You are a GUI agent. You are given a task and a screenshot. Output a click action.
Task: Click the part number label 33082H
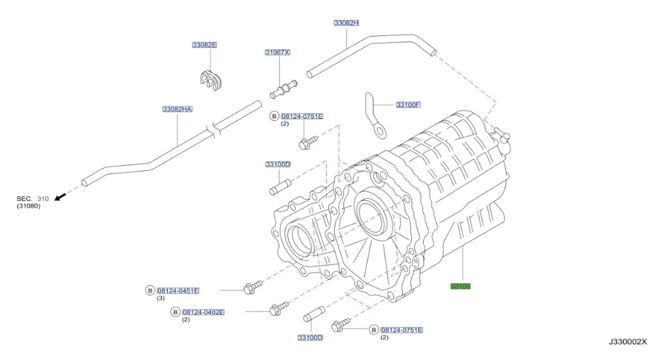[346, 23]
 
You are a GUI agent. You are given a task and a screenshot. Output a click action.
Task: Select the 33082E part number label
[205, 45]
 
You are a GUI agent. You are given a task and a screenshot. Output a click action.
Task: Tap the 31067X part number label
[277, 52]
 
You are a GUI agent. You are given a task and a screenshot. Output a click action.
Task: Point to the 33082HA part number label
[177, 109]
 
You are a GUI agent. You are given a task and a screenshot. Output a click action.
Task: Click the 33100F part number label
[408, 104]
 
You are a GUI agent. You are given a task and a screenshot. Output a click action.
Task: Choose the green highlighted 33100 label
[461, 286]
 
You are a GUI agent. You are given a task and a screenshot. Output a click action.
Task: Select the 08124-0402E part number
[203, 312]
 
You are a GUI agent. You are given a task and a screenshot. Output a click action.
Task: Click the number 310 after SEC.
[42, 198]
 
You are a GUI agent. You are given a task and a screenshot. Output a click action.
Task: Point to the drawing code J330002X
[627, 342]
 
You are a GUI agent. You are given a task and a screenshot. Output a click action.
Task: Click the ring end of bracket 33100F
[379, 131]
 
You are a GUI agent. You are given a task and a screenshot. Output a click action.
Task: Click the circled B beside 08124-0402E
[175, 312]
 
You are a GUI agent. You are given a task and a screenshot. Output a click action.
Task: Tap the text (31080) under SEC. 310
[28, 206]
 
